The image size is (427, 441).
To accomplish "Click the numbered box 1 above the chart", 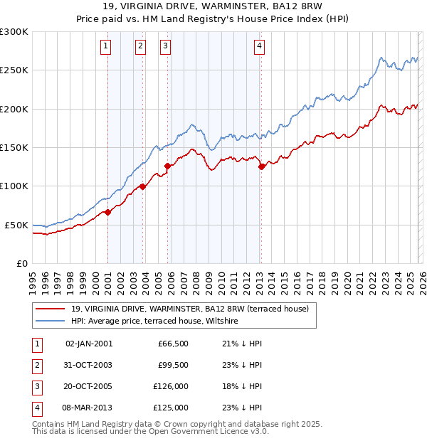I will pyautogui.click(x=105, y=47).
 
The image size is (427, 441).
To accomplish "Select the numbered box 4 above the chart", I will pyautogui.click(x=260, y=47).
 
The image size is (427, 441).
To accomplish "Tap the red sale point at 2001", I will pyautogui.click(x=107, y=212).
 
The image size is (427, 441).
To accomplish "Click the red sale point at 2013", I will pyautogui.click(x=261, y=166).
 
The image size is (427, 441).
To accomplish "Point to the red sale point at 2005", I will pyautogui.click(x=168, y=166).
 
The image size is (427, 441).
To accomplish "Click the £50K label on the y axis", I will pyautogui.click(x=16, y=225).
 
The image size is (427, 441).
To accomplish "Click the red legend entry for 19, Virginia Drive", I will pyautogui.click(x=189, y=309).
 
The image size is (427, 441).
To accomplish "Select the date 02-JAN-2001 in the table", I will pyautogui.click(x=88, y=344).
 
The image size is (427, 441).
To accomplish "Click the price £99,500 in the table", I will pyautogui.click(x=173, y=365).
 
